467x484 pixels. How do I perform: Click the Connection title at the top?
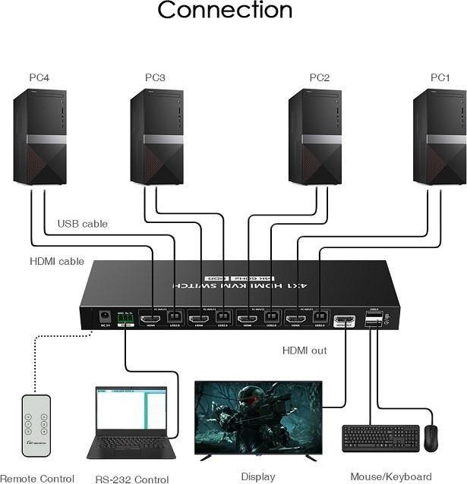click(224, 11)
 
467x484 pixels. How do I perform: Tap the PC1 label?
click(440, 77)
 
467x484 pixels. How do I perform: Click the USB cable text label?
click(83, 224)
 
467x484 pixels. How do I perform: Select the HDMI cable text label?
click(57, 261)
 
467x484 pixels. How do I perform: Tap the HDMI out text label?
click(304, 350)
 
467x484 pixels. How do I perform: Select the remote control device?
click(35, 425)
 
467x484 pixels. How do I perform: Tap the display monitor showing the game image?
click(257, 416)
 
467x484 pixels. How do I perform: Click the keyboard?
click(380, 438)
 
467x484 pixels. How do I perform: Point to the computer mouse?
click(431, 438)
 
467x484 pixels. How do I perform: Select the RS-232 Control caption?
click(132, 479)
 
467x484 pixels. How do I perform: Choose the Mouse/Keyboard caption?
click(390, 477)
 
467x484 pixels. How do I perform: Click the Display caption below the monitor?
click(257, 476)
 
